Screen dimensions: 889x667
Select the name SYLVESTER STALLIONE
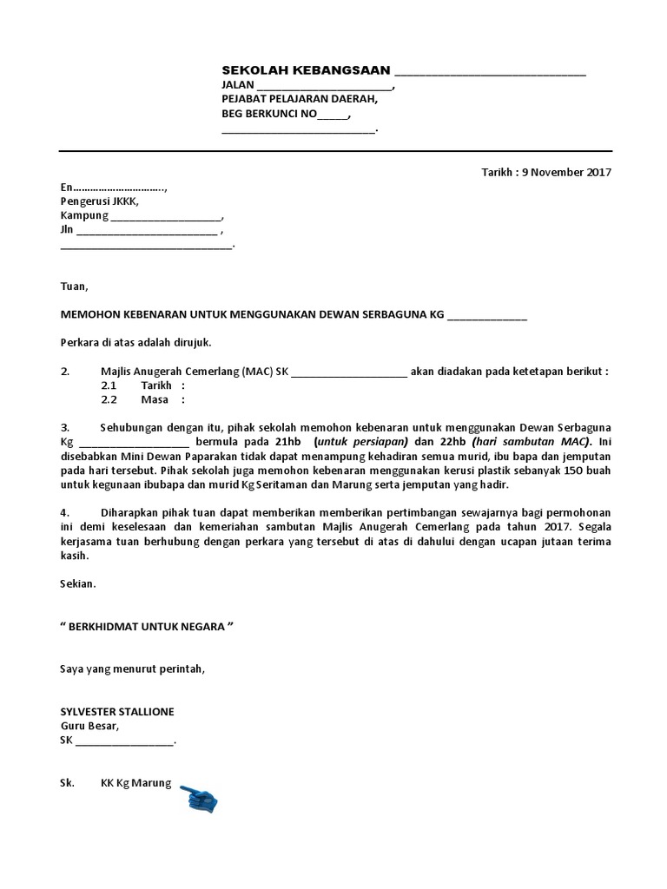point(117,711)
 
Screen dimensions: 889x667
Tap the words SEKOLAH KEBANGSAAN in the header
point(306,70)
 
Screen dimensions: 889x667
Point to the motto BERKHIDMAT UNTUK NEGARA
point(147,626)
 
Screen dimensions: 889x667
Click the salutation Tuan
point(74,286)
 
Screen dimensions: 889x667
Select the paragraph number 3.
point(64,428)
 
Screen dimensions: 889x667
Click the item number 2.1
point(109,385)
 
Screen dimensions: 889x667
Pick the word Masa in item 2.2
point(154,400)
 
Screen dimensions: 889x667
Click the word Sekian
point(77,584)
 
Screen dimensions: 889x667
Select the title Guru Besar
point(90,726)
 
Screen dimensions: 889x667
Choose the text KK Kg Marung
point(136,782)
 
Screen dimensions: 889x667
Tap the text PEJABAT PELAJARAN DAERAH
point(300,100)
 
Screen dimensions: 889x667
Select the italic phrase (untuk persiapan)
point(360,442)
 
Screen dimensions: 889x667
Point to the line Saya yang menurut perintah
point(133,668)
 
